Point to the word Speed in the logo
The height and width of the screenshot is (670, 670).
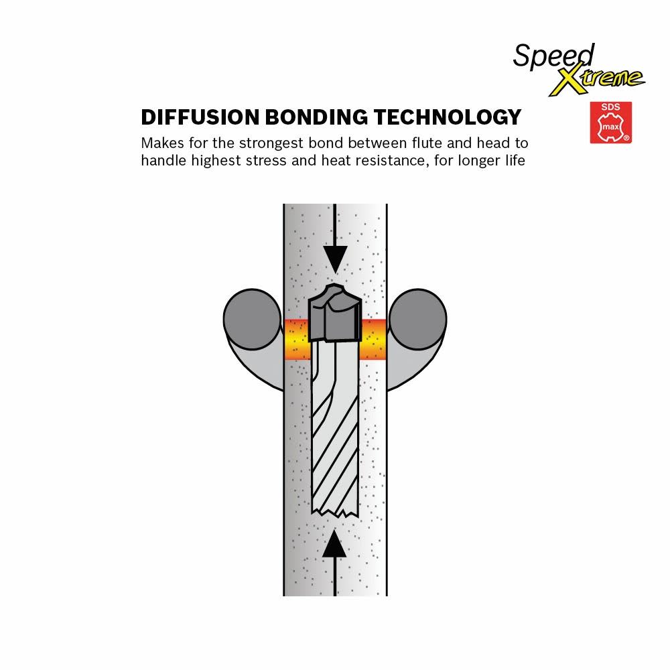point(544,55)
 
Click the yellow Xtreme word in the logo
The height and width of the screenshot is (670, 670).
point(596,79)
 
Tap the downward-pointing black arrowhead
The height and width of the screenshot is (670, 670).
point(334,258)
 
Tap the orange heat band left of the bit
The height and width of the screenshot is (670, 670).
point(297,340)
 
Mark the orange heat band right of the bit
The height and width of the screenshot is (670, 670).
point(373,340)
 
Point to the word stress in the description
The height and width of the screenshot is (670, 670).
point(290,161)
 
